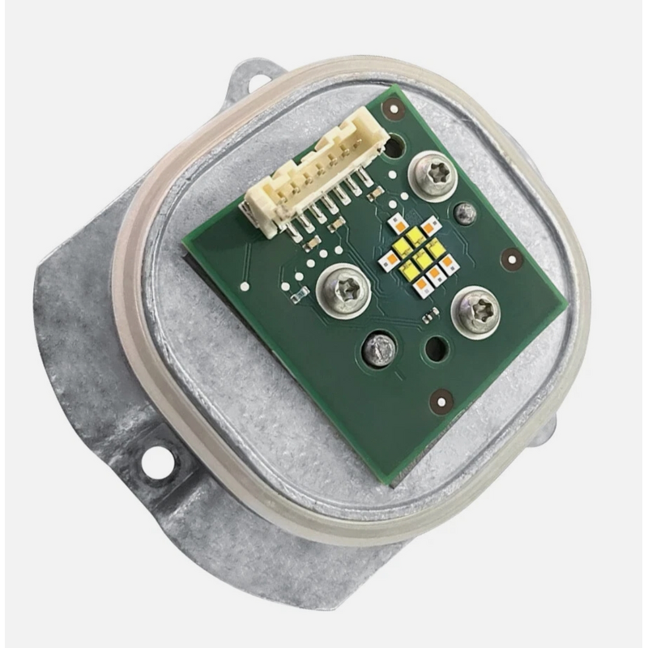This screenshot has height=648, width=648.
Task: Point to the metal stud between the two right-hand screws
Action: click(464, 213)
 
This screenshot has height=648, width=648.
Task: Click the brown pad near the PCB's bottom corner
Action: click(441, 399)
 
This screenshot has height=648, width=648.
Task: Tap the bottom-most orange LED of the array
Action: click(422, 286)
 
